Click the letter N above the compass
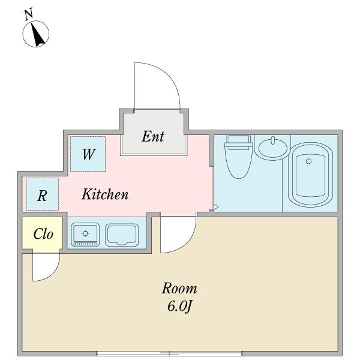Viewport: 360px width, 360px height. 29,14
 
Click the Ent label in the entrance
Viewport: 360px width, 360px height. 153,136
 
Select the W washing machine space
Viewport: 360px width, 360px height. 88,154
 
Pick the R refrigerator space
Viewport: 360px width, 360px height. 42,194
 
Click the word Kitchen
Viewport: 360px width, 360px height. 105,194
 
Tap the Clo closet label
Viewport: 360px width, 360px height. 43,234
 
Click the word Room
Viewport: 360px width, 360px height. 179,289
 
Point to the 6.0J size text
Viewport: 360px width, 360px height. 179,306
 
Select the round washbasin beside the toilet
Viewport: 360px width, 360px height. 273,148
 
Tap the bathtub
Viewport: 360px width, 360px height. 310,175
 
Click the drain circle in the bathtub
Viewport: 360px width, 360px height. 309,161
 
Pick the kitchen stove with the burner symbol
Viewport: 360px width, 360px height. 85,235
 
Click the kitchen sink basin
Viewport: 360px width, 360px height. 122,235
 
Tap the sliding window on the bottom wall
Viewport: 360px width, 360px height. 169,353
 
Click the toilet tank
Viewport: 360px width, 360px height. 239,142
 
